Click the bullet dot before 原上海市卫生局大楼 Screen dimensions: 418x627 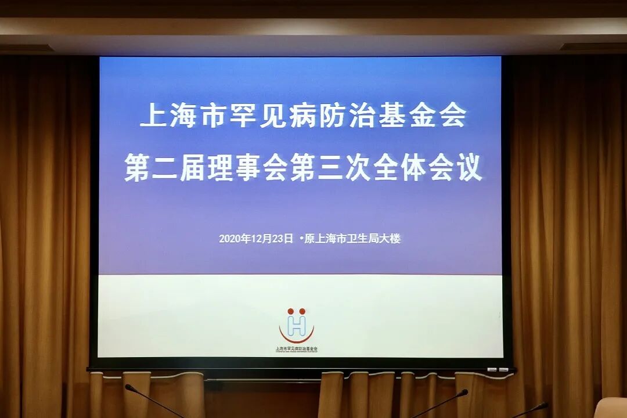[301, 238]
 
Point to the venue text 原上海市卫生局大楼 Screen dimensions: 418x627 [353, 239]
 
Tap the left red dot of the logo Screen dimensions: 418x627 [290, 312]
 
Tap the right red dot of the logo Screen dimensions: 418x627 [302, 312]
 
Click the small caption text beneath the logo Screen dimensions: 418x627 [297, 349]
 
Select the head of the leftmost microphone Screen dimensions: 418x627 [129, 387]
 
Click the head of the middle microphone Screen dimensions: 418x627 [463, 393]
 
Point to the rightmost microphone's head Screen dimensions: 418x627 [543, 405]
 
